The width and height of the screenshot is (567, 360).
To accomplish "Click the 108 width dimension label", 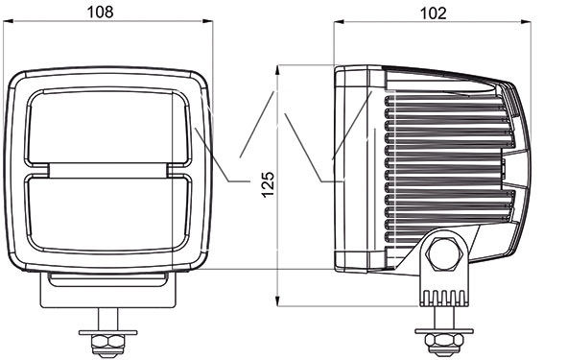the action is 100,12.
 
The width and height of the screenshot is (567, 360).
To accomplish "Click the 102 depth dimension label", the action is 433,13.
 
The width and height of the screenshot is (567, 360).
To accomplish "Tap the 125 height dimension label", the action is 269,184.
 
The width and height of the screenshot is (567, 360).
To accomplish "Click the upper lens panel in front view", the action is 107,128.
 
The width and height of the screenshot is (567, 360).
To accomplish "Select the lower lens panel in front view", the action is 107,213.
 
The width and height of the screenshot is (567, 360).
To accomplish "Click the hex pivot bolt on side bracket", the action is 444,253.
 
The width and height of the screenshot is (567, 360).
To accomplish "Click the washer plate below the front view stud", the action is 108,332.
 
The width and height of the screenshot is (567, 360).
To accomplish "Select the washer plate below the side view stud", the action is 444,330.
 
